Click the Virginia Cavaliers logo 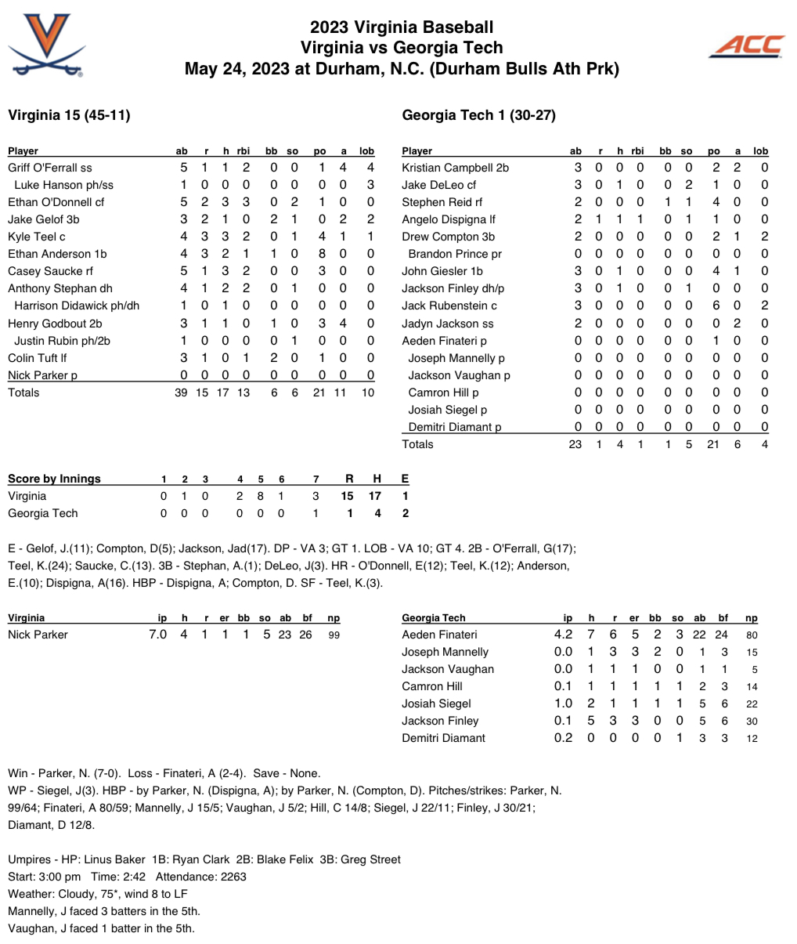[x=46, y=45]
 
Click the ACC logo [x=746, y=46]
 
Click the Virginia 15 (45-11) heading [x=69, y=115]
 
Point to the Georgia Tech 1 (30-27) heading [x=478, y=115]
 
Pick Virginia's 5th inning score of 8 [x=260, y=496]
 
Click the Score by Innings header [x=54, y=479]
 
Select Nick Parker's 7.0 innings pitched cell [x=157, y=635]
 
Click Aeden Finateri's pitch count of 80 [x=752, y=635]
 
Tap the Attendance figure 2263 [x=233, y=877]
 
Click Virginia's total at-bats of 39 [x=181, y=392]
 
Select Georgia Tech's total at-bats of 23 [x=575, y=444]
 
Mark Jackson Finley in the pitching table [x=440, y=721]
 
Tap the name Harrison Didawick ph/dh [x=77, y=306]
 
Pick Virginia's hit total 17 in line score [x=376, y=496]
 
